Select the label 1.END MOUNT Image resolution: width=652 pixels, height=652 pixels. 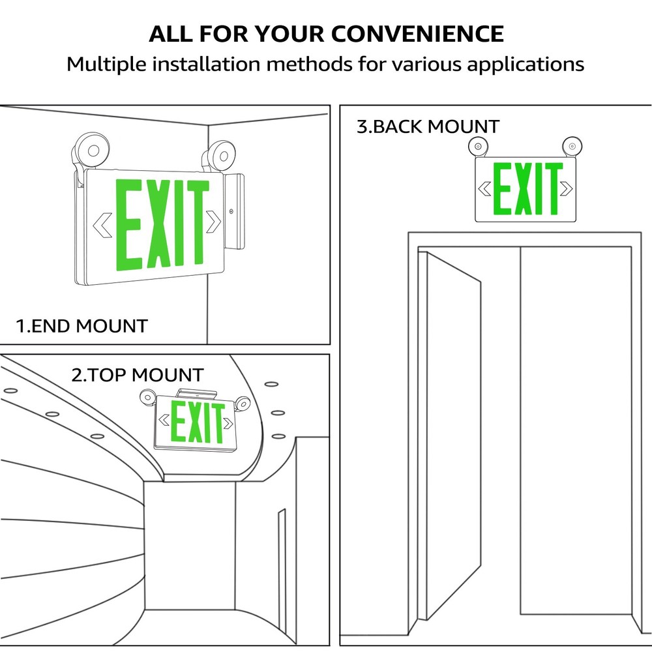(82, 325)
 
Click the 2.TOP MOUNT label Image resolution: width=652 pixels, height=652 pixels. (138, 375)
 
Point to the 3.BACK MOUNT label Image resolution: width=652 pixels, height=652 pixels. (428, 126)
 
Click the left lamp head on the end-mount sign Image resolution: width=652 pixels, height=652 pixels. (91, 151)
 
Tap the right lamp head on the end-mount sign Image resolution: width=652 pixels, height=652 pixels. (220, 156)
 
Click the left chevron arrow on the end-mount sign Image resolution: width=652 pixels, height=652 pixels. (102, 224)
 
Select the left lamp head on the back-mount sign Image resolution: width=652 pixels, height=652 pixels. (479, 147)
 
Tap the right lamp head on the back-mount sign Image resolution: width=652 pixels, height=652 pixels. (572, 145)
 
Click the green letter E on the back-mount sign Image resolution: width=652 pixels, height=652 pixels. (502, 189)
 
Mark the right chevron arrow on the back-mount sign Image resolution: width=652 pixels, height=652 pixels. (566, 188)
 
